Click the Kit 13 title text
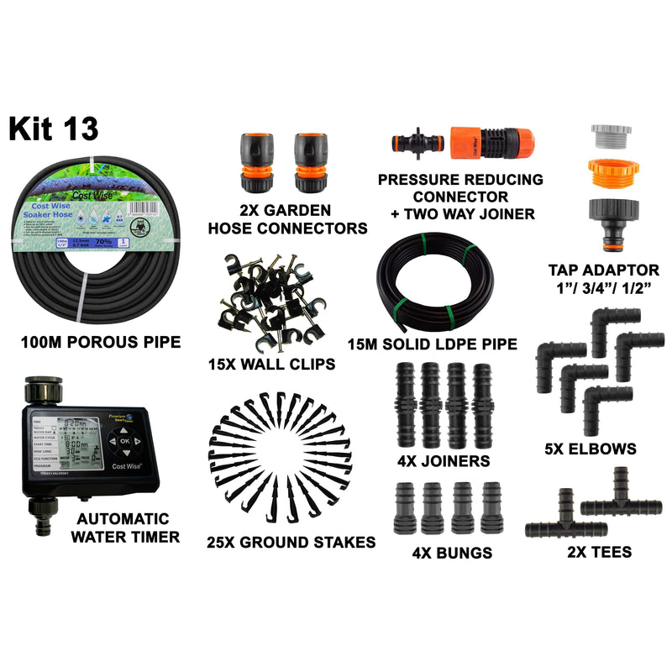coord(53,129)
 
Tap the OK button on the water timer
coord(123,440)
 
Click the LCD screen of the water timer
coord(66,445)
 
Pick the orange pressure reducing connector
coord(492,139)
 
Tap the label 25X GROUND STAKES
coord(291,543)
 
